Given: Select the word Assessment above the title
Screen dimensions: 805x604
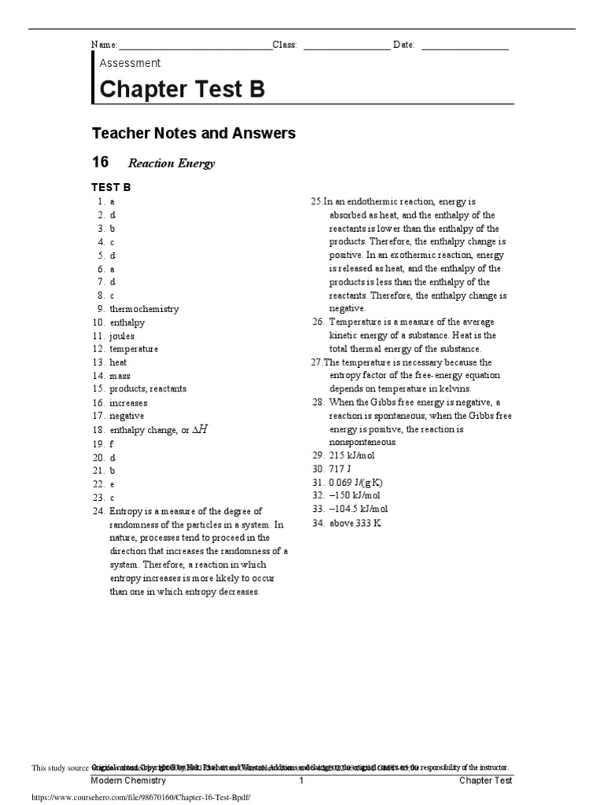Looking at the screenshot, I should [130, 63].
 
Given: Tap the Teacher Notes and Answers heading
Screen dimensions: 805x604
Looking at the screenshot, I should [193, 133].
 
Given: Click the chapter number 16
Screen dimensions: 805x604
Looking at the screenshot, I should [100, 162].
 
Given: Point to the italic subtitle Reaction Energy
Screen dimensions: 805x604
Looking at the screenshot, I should [171, 164].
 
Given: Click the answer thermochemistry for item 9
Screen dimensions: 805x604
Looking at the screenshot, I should [144, 309].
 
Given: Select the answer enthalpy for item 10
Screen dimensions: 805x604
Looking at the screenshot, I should [127, 322].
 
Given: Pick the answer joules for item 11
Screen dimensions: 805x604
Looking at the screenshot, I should [122, 336].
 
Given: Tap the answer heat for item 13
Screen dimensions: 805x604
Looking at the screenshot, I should [118, 362].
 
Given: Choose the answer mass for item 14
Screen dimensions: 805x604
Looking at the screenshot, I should [120, 376].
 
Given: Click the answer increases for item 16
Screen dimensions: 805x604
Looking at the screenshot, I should [128, 402].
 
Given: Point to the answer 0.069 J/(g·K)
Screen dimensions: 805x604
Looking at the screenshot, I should [356, 483].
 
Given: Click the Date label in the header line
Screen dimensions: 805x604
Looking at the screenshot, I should [403, 45].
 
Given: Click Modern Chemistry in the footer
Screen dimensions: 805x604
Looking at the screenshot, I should [128, 781].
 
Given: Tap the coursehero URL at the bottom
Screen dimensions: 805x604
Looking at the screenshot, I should [139, 796].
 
